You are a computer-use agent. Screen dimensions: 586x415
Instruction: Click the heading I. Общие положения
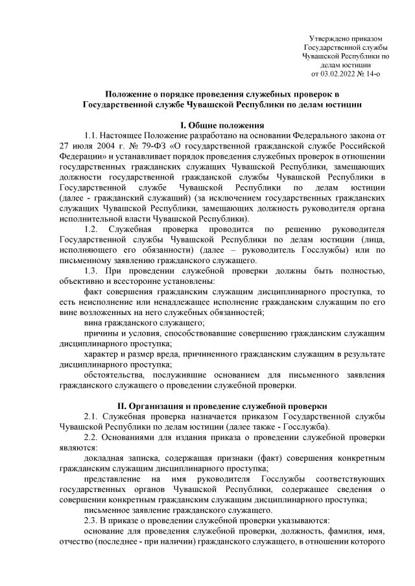pos(207,124)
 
